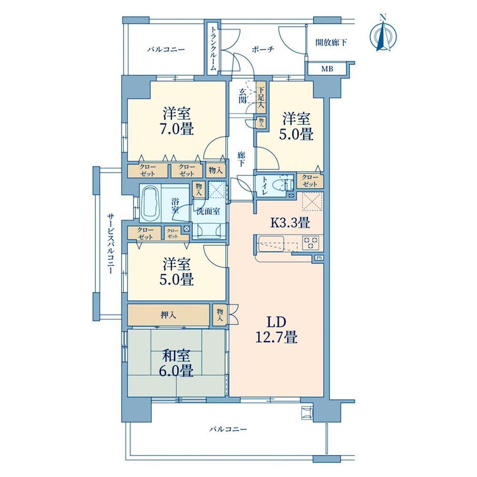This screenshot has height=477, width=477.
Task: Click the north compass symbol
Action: click(384, 36)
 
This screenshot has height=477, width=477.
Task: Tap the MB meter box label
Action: click(327, 69)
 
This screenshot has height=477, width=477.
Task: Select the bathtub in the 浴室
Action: click(151, 203)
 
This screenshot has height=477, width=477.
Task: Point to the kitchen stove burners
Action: click(310, 243)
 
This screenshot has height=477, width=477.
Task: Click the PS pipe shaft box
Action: click(319, 258)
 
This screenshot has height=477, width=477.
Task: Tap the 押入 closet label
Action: click(168, 315)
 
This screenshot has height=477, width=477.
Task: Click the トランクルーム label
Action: click(214, 49)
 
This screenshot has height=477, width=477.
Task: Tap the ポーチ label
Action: click(263, 49)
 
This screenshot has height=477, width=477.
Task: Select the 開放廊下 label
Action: click(331, 42)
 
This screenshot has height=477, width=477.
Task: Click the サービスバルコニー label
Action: click(111, 243)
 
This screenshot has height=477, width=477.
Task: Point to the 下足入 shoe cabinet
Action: click(261, 97)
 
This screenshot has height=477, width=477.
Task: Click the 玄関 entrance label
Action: click(242, 95)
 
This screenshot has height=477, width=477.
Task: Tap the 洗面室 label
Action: click(208, 211)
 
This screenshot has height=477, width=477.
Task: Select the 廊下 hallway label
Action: click(241, 159)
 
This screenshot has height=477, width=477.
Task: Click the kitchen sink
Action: click(271, 243)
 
